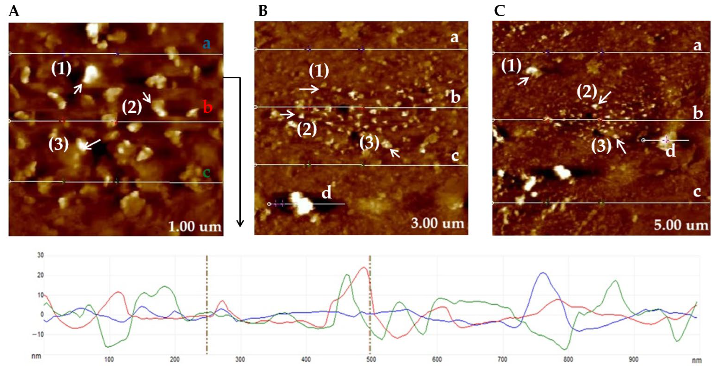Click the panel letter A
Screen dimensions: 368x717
(14, 12)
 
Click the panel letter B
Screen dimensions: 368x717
(263, 12)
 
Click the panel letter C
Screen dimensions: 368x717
(500, 12)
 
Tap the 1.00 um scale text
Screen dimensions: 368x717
(195, 227)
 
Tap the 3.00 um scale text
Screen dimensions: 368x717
(437, 223)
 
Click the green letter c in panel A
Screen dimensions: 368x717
(206, 173)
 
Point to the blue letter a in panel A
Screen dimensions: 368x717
(206, 44)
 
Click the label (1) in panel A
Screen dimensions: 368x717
(61, 68)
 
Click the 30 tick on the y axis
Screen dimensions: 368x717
(41, 255)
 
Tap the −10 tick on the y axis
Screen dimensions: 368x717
(38, 335)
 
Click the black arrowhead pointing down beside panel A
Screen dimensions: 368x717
(240, 224)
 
